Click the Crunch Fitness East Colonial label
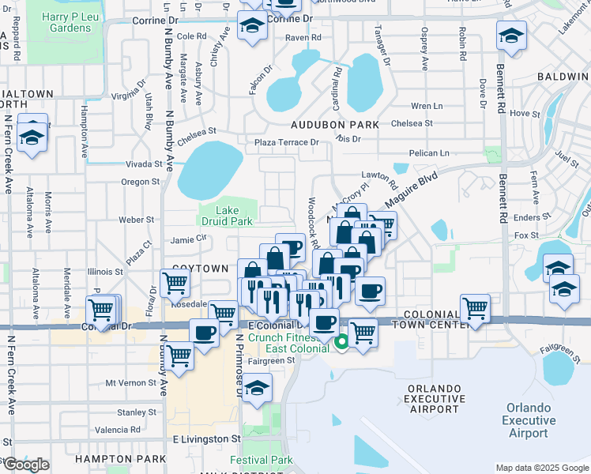pyautogui.click(x=288, y=343)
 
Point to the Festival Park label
pyautogui.click(x=261, y=460)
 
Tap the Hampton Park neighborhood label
pyautogui.click(x=107, y=458)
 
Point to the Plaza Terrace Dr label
pyautogui.click(x=287, y=142)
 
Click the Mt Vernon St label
pyautogui.click(x=131, y=382)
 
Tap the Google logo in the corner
pyautogui.click(x=26, y=465)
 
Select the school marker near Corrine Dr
pyautogui.click(x=252, y=28)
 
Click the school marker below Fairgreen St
pyautogui.click(x=258, y=389)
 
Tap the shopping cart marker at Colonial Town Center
pyautogui.click(x=475, y=307)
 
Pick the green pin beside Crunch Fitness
pyautogui.click(x=342, y=343)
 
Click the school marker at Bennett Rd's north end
pyautogui.click(x=511, y=36)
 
